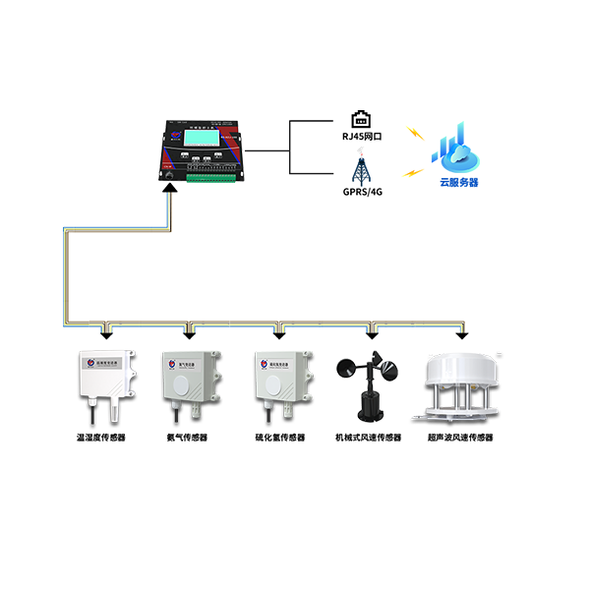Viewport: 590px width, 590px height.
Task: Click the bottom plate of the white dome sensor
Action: tap(459, 417)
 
